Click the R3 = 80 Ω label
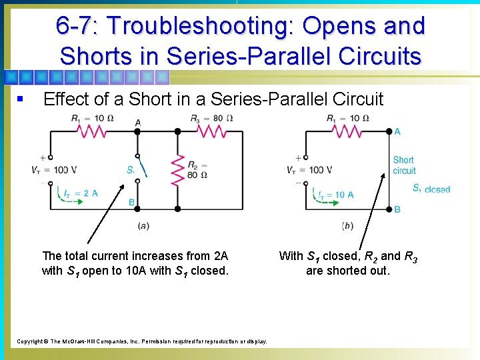click(x=211, y=119)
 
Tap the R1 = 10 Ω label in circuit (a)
click(x=92, y=119)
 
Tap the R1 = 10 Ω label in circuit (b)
click(x=347, y=119)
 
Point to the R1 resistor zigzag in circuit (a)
click(x=94, y=131)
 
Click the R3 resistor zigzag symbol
click(x=212, y=131)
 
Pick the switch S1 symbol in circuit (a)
click(x=139, y=170)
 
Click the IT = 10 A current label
click(x=335, y=195)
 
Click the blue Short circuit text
click(x=404, y=165)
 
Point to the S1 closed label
click(x=431, y=189)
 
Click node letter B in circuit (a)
click(x=131, y=203)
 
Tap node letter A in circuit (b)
click(x=397, y=131)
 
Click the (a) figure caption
click(x=143, y=225)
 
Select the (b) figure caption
click(x=347, y=225)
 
